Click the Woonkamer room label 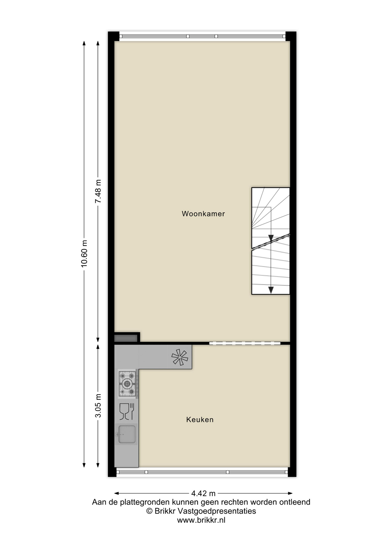(x=203, y=214)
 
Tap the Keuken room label (x=200, y=419)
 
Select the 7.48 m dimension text (x=98, y=191)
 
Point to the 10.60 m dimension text (x=84, y=254)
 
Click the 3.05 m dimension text (x=98, y=405)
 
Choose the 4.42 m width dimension (x=204, y=493)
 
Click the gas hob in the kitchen (x=127, y=384)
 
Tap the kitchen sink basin (x=127, y=434)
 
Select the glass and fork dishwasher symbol (x=127, y=411)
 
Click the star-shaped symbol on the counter (x=180, y=357)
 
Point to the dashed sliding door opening (x=245, y=343)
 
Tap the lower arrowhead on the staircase (x=271, y=290)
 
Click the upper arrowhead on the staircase (x=271, y=238)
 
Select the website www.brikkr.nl (x=201, y=520)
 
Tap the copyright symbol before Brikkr (x=149, y=511)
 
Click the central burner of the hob (x=127, y=383)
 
